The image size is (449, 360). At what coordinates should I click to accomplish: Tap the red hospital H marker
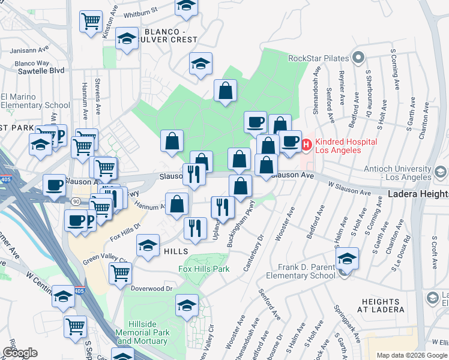coord(306,145)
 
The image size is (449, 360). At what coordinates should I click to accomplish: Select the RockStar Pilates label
coord(319,58)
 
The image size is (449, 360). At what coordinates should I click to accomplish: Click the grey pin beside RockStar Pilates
coord(359,58)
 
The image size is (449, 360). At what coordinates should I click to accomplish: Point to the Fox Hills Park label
coord(204,269)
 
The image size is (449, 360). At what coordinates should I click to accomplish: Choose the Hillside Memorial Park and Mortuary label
coord(142,336)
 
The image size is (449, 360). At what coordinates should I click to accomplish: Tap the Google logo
coord(20,352)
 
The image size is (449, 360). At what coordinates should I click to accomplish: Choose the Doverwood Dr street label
coord(152,289)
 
